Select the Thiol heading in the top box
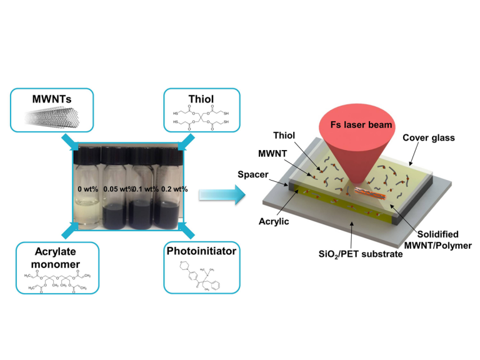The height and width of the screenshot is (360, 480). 201,99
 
